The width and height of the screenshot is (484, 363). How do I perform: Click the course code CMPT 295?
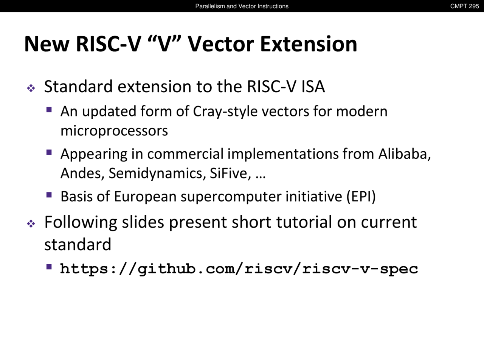464,6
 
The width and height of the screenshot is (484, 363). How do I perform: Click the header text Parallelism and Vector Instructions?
242,6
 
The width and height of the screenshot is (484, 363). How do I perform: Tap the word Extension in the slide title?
309,44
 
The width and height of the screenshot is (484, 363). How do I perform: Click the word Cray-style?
225,112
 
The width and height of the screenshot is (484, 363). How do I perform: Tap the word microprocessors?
114,131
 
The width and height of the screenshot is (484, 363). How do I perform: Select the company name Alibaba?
404,154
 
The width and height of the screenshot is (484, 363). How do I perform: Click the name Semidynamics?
157,174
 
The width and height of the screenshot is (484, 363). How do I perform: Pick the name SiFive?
230,174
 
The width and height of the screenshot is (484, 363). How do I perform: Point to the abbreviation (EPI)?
361,197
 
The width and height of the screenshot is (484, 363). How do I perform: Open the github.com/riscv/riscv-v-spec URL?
239,269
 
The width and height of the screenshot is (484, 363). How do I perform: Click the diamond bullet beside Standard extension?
31,88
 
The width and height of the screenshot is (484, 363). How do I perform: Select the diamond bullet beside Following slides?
31,224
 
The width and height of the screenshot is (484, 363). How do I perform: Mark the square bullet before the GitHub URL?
49,267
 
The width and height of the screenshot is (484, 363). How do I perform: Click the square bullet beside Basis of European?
49,195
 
